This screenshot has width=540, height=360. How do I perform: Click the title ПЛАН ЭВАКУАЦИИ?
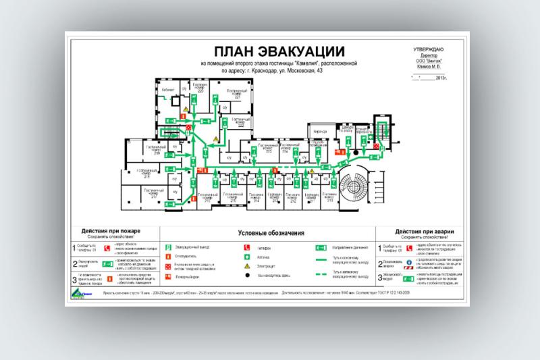click(x=279, y=51)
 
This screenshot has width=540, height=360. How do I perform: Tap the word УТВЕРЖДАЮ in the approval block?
click(x=429, y=50)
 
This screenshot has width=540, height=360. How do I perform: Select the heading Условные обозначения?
click(x=271, y=232)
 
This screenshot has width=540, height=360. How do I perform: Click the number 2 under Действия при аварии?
click(x=379, y=264)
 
